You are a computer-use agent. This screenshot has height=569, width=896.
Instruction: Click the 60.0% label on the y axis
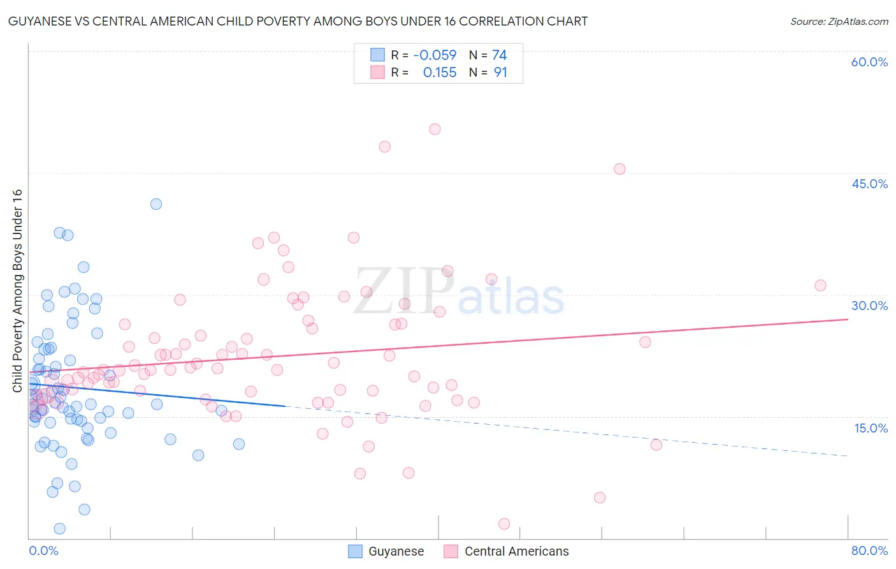pos(869,62)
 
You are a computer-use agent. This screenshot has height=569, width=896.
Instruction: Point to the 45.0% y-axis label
pos(869,184)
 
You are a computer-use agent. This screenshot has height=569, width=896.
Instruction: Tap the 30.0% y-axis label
pos(869,306)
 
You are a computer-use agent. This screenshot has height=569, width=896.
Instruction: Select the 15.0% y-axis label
pos(871,428)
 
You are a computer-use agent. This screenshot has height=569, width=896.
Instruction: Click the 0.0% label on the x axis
pos(43,551)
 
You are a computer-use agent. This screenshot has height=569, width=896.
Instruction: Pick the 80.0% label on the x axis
pos(869,551)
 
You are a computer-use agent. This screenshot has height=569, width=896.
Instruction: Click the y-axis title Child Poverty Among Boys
pos(17,291)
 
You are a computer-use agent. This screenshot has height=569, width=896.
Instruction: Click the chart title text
pos(298,21)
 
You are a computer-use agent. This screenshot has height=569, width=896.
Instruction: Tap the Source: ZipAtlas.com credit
pos(839,21)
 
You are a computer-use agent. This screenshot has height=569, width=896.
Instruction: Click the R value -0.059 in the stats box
pos(435,55)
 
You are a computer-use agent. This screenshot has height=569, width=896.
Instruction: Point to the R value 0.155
pos(440,73)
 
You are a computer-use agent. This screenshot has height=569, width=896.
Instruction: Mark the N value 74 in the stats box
pos(500,55)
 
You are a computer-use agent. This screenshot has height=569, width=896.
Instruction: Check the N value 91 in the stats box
pos(500,73)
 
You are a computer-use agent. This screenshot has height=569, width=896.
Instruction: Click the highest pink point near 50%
pos(435,129)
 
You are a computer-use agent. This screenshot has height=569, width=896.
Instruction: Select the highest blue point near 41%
pos(156,204)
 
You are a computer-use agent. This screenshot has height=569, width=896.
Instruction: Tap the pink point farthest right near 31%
pos(820,285)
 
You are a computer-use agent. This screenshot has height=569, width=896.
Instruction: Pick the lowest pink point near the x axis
pos(504,524)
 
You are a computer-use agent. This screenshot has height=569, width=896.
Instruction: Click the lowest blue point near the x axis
pos(60,528)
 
